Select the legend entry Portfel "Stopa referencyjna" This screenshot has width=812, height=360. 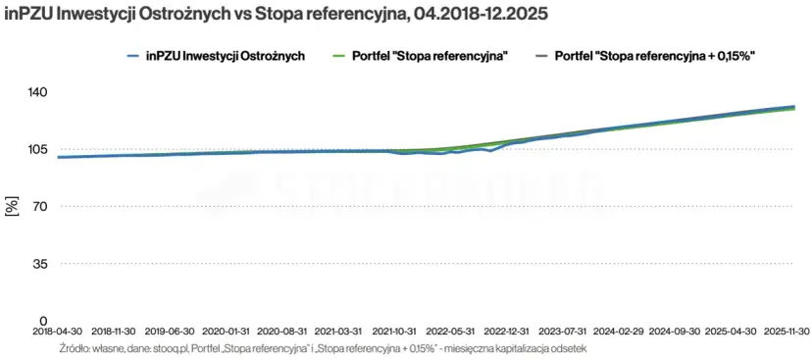[429, 57]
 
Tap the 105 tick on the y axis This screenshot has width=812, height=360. [37, 149]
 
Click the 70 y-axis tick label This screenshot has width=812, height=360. [40, 207]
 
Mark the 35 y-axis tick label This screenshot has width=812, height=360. [40, 264]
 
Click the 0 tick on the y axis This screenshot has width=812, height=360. [44, 321]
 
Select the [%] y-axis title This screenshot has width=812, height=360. [12, 207]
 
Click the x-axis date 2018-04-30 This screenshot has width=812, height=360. [59, 333]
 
